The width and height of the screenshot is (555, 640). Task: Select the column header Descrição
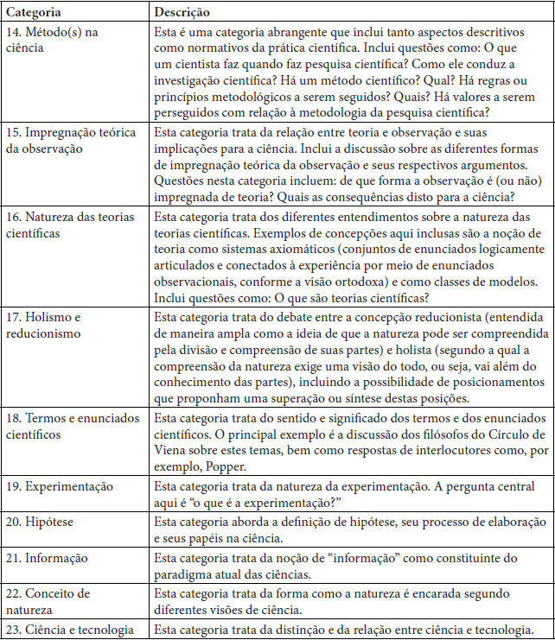pos(182,13)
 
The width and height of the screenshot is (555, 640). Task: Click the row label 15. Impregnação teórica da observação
pos(73,140)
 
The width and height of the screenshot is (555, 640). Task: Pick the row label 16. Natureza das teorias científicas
pos(71,224)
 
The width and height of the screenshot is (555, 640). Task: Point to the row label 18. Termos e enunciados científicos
pos(74,426)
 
